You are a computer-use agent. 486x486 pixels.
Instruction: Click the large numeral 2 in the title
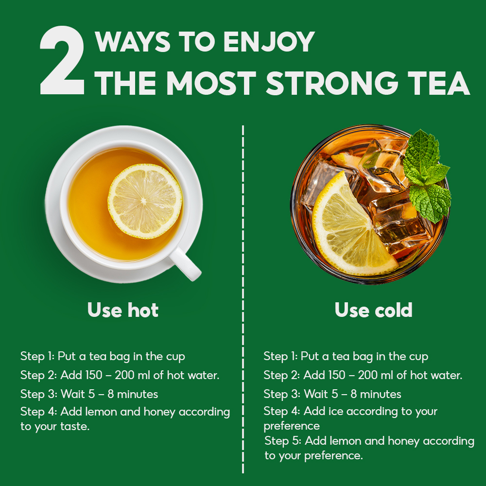[x=62, y=60]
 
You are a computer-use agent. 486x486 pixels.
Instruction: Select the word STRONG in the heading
[x=331, y=83]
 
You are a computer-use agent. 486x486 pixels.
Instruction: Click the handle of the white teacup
[x=185, y=264]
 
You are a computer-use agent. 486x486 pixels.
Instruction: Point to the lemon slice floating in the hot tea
[x=145, y=201]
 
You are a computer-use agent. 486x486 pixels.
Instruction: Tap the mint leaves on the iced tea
[x=427, y=175]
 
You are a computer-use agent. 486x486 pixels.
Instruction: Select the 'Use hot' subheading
[x=123, y=310]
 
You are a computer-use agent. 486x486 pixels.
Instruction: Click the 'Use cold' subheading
[x=373, y=310]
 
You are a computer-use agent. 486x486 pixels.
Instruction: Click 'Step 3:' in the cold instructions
[x=282, y=394]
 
